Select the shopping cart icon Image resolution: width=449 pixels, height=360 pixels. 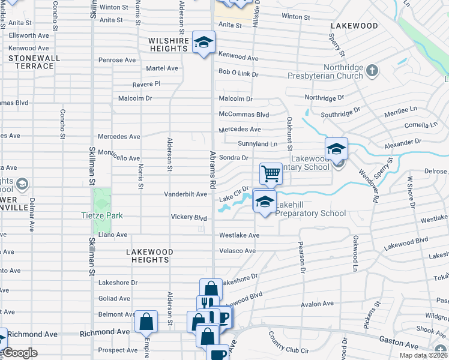[x=271, y=173]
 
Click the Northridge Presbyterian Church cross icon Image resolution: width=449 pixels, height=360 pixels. [x=372, y=71]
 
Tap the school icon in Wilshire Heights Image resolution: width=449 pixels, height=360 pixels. [x=204, y=43]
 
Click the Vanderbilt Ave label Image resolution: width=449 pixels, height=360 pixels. [x=186, y=194]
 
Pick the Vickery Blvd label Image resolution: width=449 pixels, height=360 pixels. [x=188, y=217]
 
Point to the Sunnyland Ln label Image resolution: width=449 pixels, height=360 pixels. [x=258, y=144]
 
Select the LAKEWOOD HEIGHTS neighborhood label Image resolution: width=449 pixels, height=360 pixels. [x=150, y=256]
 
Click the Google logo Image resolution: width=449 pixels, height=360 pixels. [x=20, y=352]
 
